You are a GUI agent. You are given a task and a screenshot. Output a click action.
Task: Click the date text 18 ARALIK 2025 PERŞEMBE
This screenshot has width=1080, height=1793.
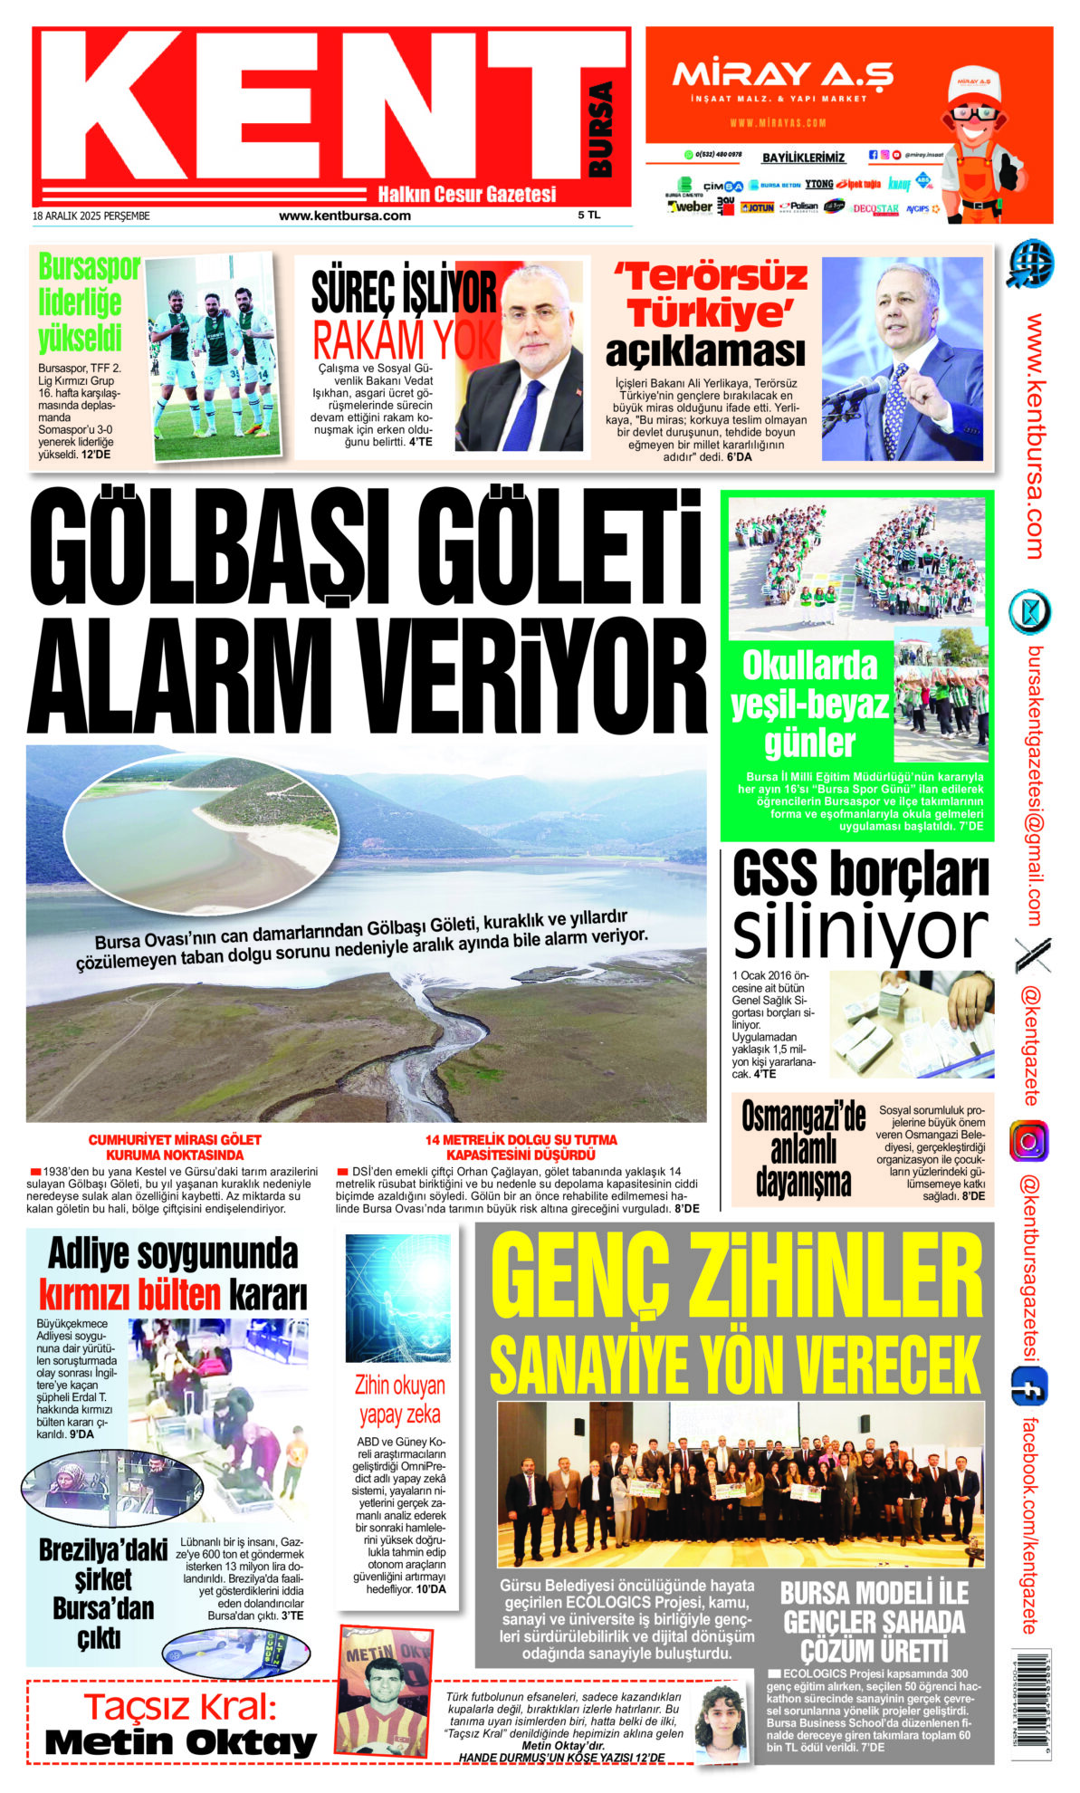point(91,216)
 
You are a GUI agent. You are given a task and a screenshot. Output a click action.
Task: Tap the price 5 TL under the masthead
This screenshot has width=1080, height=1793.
point(589,216)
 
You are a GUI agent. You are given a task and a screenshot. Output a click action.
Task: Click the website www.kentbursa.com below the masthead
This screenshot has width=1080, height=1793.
point(345,216)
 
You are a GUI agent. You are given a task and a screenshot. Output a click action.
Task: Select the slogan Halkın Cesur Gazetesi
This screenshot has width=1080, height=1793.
point(466,194)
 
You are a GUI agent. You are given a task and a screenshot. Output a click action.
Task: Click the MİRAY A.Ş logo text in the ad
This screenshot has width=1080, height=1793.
point(782,74)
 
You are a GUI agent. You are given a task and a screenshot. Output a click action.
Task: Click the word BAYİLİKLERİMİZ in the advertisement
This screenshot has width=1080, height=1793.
point(803,158)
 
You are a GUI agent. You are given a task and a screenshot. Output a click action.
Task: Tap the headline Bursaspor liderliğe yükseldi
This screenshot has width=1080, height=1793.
point(88,303)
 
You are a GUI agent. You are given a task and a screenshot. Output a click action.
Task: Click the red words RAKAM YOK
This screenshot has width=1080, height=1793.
point(405,340)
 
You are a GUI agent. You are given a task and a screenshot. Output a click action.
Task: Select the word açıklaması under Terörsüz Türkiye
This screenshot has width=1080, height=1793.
point(704,351)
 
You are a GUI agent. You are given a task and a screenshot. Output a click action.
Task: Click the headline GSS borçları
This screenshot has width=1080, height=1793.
point(859,876)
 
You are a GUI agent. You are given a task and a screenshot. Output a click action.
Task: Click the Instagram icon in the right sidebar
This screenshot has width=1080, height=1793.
point(1028,1141)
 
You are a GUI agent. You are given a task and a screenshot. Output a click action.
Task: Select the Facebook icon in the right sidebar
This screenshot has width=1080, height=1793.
point(1029,1386)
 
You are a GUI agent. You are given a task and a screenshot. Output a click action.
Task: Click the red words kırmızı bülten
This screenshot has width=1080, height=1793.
point(129,1295)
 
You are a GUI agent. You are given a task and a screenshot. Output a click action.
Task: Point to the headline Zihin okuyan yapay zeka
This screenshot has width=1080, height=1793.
point(399,1400)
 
